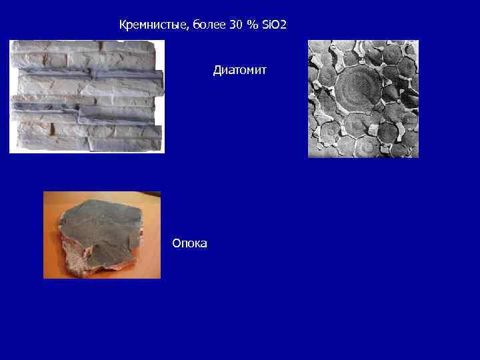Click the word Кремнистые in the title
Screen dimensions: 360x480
153,25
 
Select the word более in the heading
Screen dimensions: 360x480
206,25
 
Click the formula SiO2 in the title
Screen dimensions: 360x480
273,25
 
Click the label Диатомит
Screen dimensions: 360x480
240,70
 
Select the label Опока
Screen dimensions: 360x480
189,243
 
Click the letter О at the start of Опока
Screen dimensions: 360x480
176,243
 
